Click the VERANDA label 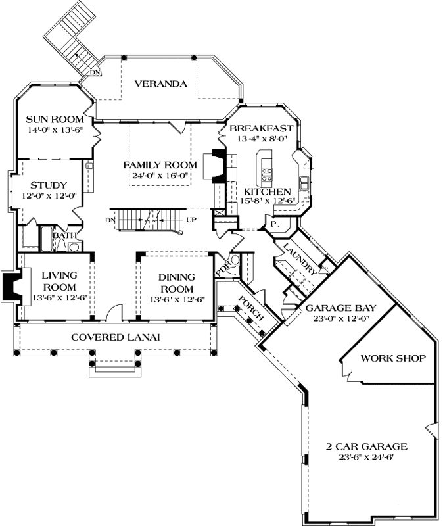[x=161, y=84]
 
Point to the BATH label [x=64, y=235]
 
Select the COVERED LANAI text [x=116, y=337]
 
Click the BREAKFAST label [x=265, y=128]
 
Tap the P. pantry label [x=273, y=225]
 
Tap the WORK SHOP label [x=393, y=358]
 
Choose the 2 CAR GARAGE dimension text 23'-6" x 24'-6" [x=367, y=458]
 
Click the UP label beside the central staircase [x=191, y=219]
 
